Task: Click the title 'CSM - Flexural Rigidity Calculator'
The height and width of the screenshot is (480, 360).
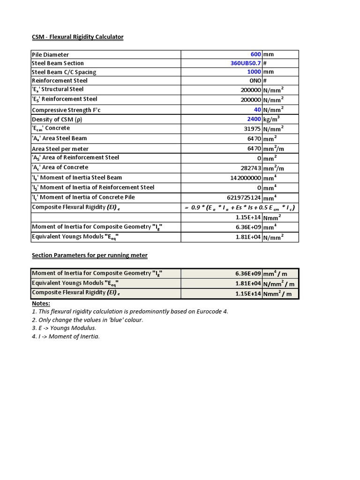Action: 77,37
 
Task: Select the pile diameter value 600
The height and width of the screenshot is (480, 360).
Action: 255,54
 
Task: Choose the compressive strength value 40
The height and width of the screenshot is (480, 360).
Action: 257,110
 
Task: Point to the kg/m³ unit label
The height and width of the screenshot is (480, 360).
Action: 272,119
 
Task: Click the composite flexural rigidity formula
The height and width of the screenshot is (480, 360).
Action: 240,208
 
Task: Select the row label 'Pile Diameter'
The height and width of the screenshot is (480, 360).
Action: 50,55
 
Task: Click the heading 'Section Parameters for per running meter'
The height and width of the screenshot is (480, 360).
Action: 90,255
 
